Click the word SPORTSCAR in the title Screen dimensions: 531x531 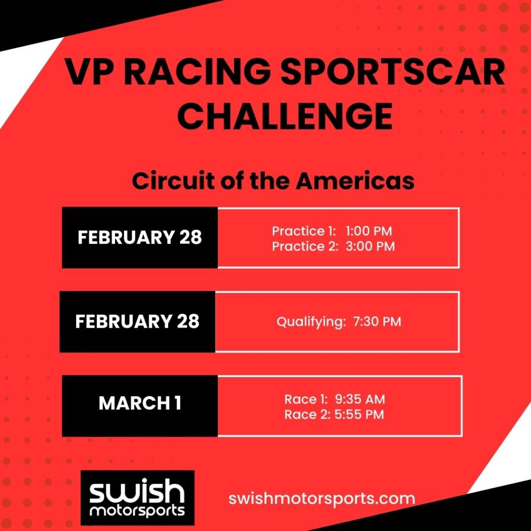pos(393,72)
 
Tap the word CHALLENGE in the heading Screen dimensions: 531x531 pos(285,116)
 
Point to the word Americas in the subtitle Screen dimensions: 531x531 pos(355,181)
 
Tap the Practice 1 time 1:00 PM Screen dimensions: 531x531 pos(369,231)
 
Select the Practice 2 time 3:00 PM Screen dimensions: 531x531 pos(370,246)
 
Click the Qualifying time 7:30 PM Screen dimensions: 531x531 pos(377,321)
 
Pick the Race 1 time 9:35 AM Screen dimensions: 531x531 pos(360,399)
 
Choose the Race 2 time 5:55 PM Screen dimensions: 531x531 pos(359,414)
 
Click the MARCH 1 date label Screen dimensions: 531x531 pos(140,403)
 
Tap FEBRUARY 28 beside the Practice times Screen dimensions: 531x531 pos(139,237)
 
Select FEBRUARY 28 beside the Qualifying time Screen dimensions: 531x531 pos(137,321)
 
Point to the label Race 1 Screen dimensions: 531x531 pos(306,399)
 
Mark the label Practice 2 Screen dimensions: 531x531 pos(305,246)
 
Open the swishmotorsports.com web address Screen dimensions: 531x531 pos(322,499)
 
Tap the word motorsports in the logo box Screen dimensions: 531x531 pos(137,511)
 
